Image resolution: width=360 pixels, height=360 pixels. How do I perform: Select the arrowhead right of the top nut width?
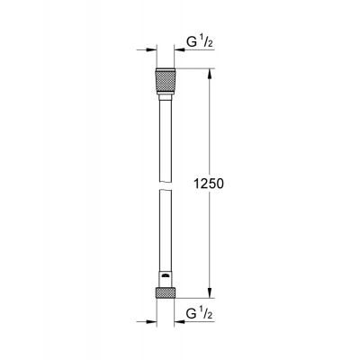(179, 50)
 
